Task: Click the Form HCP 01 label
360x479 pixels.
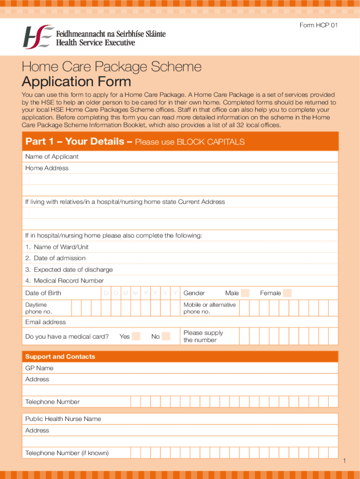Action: pyautogui.click(x=318, y=25)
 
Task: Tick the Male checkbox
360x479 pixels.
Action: pyautogui.click(x=245, y=293)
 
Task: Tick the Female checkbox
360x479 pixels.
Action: pyautogui.click(x=287, y=293)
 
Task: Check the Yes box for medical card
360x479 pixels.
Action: pyautogui.click(x=136, y=336)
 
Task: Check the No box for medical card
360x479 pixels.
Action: pyautogui.click(x=166, y=336)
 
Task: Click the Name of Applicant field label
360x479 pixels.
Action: pyautogui.click(x=52, y=157)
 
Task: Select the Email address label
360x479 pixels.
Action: pyautogui.click(x=45, y=322)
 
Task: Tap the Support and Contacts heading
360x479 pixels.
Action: pyautogui.click(x=60, y=357)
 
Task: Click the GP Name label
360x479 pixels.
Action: pyautogui.click(x=39, y=368)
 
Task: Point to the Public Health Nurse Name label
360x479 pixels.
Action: pyautogui.click(x=63, y=419)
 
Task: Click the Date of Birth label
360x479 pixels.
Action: pyautogui.click(x=43, y=293)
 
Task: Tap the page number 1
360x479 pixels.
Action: pyautogui.click(x=344, y=462)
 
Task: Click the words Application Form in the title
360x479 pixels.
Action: pyautogui.click(x=76, y=82)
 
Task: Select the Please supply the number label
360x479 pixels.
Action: pyautogui.click(x=203, y=336)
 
